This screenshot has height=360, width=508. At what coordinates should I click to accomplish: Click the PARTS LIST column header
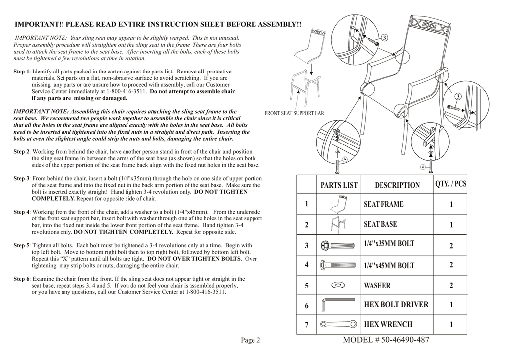coord(339,185)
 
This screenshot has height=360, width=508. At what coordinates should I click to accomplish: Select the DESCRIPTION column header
coord(397,185)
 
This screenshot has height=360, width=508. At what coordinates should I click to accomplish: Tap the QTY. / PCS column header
coord(450,184)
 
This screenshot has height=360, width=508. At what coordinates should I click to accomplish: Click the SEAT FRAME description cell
coord(383,204)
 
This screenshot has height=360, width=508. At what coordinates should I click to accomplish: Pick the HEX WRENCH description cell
coord(388,324)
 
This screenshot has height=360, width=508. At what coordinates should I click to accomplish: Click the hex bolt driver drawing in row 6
coord(339,304)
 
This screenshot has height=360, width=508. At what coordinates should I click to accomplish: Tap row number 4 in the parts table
coord(307,265)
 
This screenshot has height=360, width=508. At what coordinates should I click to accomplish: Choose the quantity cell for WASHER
coord(451,286)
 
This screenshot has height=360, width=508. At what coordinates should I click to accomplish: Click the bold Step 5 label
coord(22,245)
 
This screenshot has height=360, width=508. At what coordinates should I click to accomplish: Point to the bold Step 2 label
coord(22,151)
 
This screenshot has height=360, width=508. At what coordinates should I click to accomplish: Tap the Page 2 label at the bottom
coord(251,340)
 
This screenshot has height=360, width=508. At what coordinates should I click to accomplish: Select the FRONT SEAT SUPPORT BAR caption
coord(294,113)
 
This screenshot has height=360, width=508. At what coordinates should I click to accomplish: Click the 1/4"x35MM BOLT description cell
coord(388,244)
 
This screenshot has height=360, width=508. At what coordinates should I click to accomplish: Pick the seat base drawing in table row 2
coord(338,224)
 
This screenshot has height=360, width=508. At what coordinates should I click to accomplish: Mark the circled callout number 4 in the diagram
coord(422,167)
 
